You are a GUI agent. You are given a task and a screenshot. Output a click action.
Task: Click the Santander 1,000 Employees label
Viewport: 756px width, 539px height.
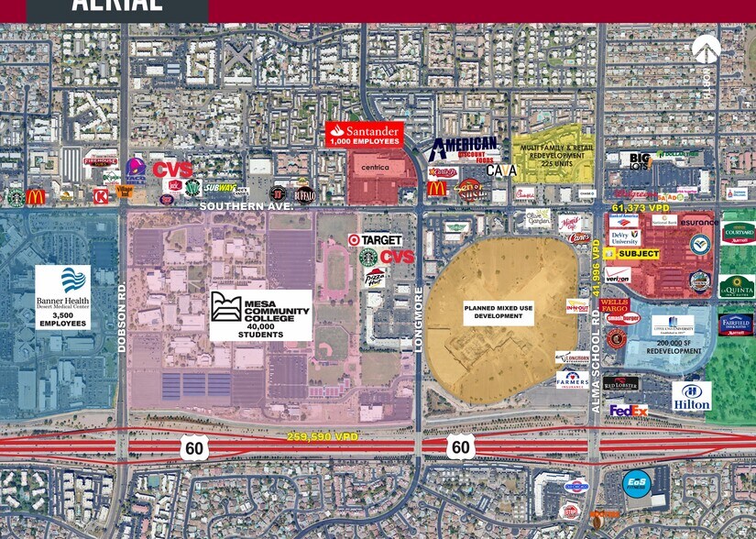[364, 134]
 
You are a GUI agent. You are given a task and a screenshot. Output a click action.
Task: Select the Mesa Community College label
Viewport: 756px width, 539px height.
[260, 315]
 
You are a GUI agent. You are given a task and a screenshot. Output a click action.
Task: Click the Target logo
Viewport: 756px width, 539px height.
[375, 240]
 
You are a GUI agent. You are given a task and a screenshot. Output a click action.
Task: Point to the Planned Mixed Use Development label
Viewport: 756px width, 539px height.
[499, 312]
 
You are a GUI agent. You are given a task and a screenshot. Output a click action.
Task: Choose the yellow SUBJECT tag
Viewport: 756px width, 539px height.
[638, 254]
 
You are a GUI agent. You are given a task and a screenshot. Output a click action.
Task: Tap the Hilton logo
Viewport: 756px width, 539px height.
[691, 396]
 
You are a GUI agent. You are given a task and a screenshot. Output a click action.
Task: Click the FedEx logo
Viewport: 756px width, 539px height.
[629, 411]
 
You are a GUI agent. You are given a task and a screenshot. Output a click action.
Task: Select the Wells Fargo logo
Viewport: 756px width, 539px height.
[614, 307]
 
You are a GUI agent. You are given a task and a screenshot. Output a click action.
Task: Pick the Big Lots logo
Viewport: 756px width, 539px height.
[639, 160]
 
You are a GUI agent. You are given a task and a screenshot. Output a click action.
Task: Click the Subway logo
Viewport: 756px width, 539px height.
[220, 188]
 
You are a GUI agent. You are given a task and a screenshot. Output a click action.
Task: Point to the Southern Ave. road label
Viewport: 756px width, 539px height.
[247, 207]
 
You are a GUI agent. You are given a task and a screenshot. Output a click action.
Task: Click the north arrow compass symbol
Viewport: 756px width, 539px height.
[706, 49]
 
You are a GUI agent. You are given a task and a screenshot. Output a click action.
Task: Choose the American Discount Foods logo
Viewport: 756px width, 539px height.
[465, 148]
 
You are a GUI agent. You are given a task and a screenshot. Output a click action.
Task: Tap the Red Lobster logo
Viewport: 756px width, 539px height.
[620, 382]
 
